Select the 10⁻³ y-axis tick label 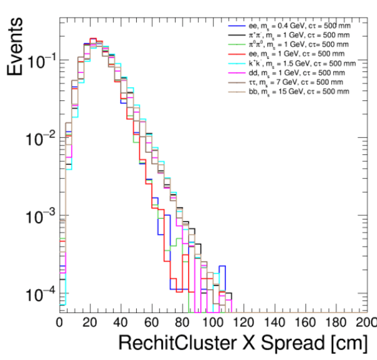pos(39,216)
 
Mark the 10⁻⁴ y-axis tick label pos(39,294)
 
